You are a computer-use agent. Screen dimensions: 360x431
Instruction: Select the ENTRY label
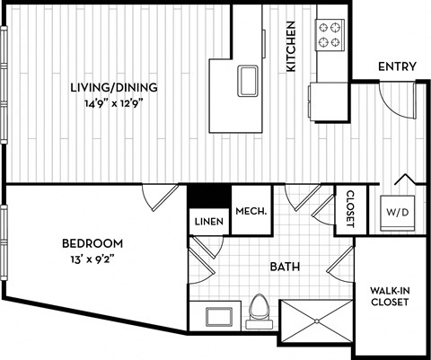tap(395, 66)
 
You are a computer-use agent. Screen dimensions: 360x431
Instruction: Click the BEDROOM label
tap(92, 243)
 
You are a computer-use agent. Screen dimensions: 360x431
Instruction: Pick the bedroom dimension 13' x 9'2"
tap(92, 259)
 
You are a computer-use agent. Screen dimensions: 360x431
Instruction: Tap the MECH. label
tap(248, 212)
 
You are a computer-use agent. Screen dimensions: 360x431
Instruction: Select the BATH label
tap(285, 266)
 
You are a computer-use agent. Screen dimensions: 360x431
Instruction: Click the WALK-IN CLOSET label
tap(390, 295)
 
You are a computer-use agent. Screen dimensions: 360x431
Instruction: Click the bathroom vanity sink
tap(216, 315)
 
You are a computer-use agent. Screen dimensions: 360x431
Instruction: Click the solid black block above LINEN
tap(209, 195)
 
